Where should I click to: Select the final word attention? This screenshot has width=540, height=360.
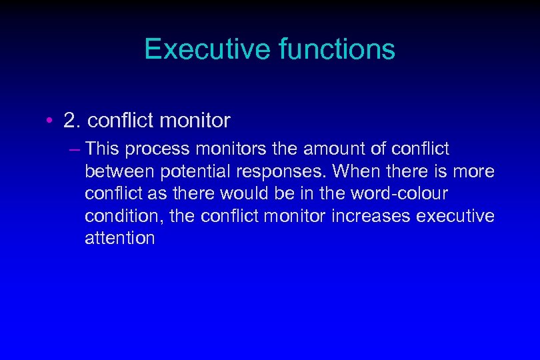pyautogui.click(x=119, y=239)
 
